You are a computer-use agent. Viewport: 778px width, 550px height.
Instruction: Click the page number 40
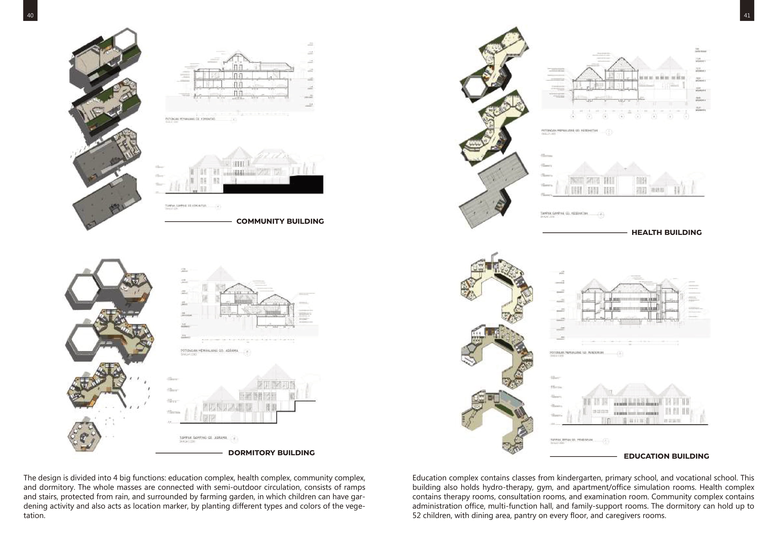[30, 15]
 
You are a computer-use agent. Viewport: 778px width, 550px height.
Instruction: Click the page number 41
[747, 15]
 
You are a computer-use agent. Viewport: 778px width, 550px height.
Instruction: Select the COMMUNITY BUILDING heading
[280, 221]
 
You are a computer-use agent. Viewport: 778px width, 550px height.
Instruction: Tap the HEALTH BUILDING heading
[666, 233]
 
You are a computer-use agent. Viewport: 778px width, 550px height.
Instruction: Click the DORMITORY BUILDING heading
[271, 453]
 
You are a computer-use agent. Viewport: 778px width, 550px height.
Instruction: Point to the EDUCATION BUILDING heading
[666, 456]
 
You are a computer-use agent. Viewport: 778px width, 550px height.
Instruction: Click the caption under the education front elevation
[572, 440]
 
